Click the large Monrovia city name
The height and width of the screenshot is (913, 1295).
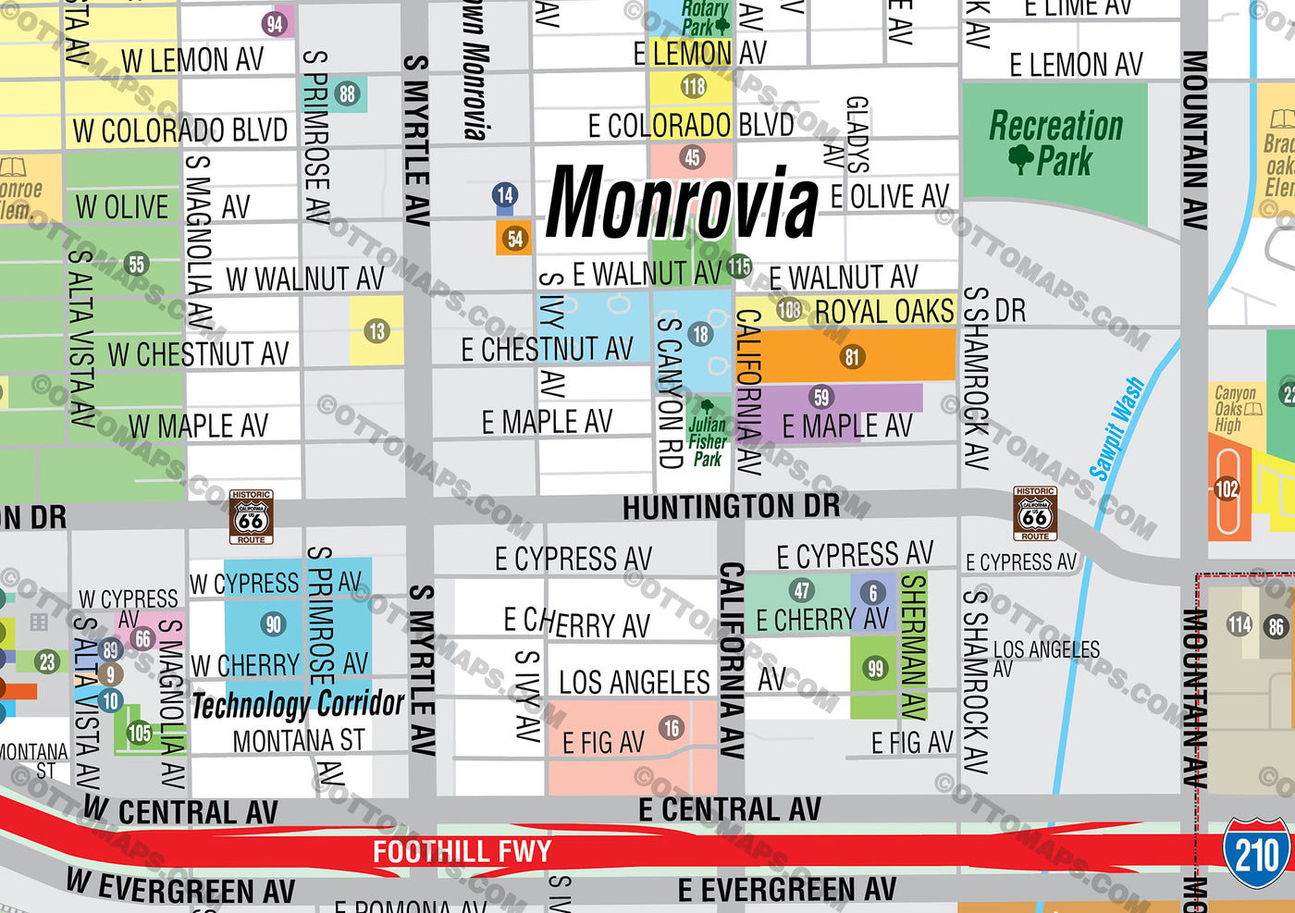[682, 202]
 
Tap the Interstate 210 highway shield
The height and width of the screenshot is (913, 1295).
[1255, 853]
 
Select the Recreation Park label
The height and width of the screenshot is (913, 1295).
[1055, 142]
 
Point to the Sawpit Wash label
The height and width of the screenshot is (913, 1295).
[1117, 428]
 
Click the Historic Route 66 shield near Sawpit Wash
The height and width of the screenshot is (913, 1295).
[1035, 513]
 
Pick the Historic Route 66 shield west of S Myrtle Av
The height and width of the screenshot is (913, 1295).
[251, 517]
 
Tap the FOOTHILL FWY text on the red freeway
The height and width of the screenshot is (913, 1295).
[462, 851]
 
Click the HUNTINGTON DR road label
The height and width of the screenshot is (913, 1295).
[731, 507]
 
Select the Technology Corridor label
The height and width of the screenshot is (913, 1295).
[298, 705]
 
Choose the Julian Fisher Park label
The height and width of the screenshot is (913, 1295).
[708, 441]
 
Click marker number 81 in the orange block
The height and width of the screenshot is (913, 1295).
[852, 356]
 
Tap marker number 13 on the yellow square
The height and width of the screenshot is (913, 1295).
[376, 331]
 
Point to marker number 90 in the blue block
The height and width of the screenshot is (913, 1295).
[273, 624]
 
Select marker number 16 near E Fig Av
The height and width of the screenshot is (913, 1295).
[671, 728]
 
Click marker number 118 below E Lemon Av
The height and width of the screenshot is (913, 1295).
[693, 87]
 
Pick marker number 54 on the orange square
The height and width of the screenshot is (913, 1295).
[515, 239]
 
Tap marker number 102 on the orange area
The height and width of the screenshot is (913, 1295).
[1227, 488]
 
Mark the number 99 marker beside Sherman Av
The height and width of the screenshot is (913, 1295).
[875, 668]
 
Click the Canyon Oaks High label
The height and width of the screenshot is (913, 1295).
[1235, 409]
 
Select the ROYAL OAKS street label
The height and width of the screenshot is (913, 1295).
[883, 312]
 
